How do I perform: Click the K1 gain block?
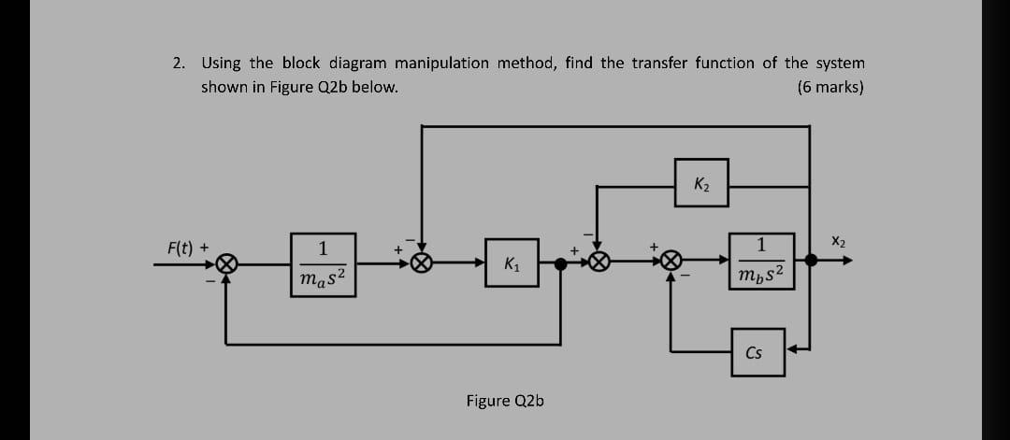tap(512, 263)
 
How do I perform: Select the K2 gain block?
tap(700, 185)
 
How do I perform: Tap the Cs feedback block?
tap(757, 352)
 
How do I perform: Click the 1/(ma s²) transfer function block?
tap(323, 263)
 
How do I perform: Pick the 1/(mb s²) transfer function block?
tap(766, 263)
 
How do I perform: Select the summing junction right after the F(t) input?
tap(224, 264)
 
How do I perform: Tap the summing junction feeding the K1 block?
tap(422, 264)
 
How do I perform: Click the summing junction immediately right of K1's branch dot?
tap(599, 264)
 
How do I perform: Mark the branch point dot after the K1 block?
tap(560, 264)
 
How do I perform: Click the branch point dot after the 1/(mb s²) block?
tap(810, 263)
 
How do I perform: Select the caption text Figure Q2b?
tap(505, 401)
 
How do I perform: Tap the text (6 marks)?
tap(830, 87)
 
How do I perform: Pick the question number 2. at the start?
tap(179, 64)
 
